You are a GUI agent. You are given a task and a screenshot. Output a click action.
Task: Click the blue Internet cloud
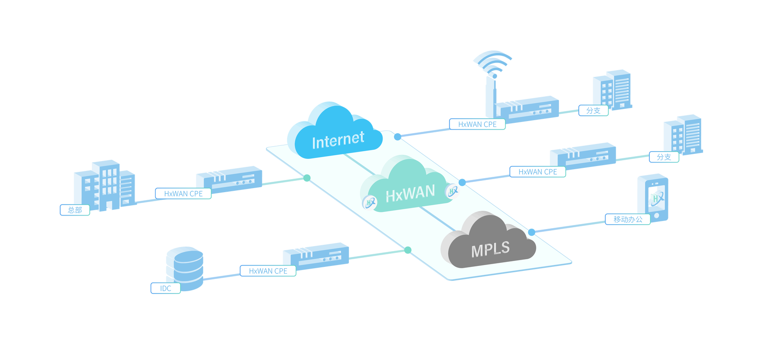coord(335,132)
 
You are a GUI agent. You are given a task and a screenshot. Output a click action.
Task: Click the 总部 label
coord(75,210)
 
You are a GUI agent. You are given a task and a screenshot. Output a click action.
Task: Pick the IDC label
coord(166,288)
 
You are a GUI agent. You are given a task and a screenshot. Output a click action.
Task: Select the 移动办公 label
coord(628,220)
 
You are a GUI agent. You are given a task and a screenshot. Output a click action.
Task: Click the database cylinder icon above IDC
coord(185,268)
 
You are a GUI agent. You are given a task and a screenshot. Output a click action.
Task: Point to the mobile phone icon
coord(653,198)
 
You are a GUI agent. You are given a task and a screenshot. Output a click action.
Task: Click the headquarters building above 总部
coord(105,185)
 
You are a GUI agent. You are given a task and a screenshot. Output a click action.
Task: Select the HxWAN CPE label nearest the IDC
coord(268,271)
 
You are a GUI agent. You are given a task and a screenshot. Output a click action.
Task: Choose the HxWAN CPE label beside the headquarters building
coord(183,194)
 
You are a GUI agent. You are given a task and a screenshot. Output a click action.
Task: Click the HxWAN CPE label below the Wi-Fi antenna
coord(478,124)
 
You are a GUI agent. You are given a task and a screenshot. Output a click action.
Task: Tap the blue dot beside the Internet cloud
coord(397,137)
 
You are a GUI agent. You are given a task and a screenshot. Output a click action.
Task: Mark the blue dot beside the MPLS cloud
coord(532,232)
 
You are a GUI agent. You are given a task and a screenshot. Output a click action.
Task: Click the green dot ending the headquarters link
coord(307,178)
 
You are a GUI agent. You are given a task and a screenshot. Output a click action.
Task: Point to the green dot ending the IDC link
coord(408,250)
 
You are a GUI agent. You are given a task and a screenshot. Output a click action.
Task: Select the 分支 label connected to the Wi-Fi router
coord(593,110)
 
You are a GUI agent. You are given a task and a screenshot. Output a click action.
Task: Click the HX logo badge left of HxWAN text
coord(369,203)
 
